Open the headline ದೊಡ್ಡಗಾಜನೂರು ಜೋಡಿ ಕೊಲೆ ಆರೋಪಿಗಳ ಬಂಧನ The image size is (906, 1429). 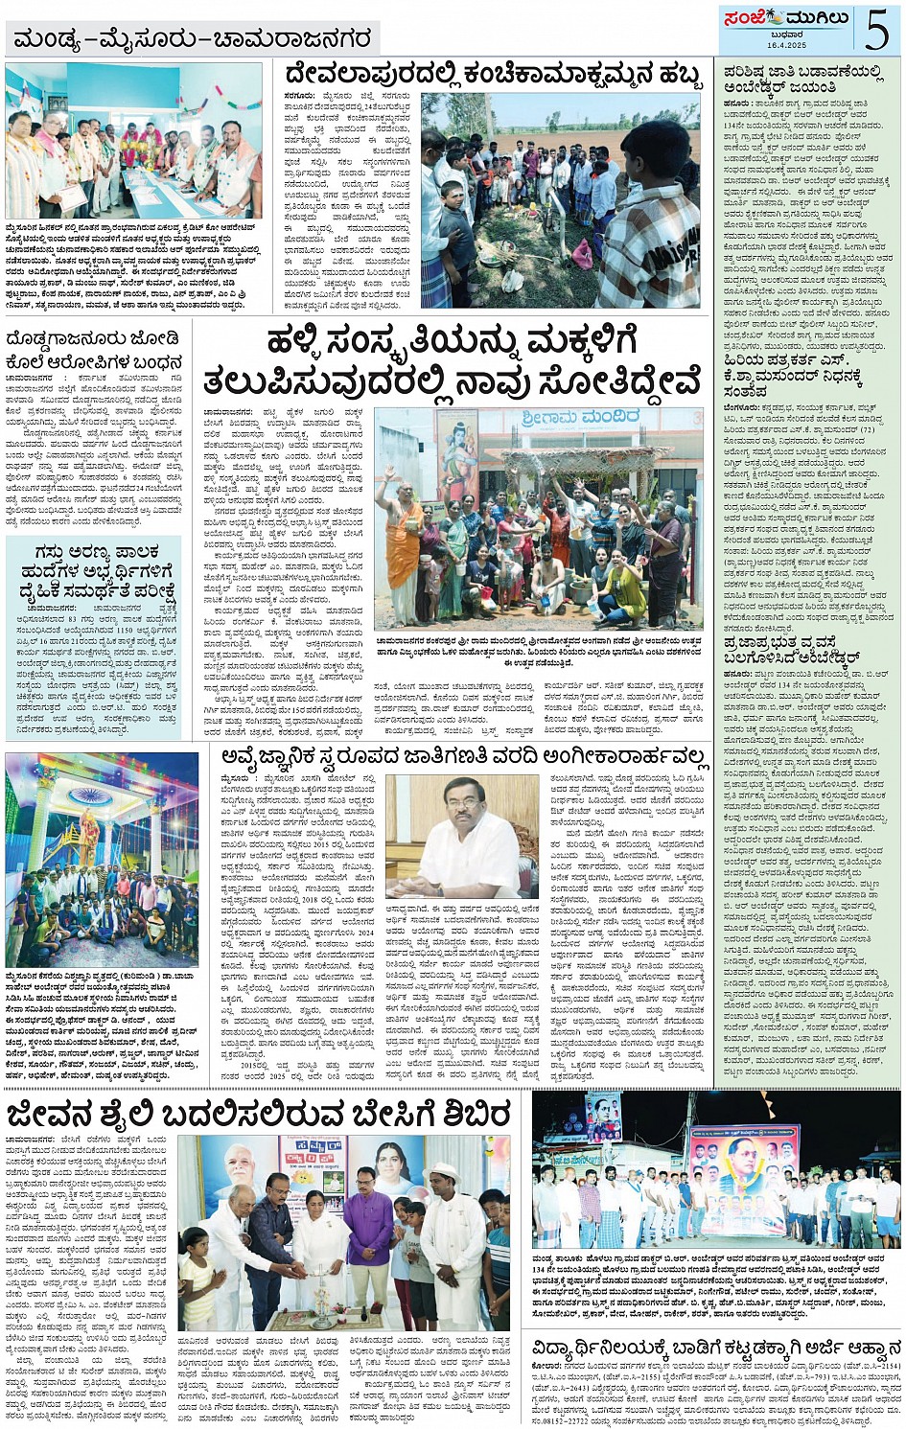(x=94, y=351)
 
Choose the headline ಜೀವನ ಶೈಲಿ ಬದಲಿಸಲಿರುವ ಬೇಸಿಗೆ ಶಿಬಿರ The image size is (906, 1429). (x=259, y=1116)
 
